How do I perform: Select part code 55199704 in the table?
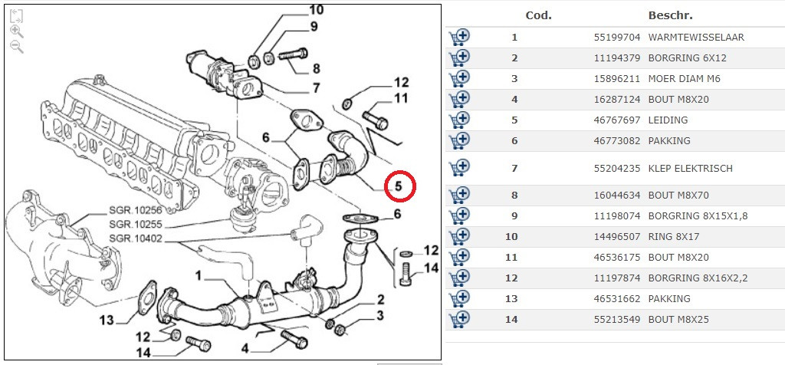tap(617, 38)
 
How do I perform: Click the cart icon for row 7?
tap(459, 168)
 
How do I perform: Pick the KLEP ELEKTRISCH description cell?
tap(690, 169)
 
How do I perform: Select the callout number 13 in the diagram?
tap(107, 320)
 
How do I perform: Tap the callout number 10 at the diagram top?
tap(317, 9)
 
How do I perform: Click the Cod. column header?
tap(539, 15)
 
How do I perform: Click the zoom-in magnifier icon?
tap(17, 31)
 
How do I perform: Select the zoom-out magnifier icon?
tap(17, 47)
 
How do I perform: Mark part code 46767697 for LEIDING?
tap(617, 120)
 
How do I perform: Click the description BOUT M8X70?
tap(678, 196)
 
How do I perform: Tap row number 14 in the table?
tap(511, 320)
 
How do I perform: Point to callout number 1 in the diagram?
tap(199, 276)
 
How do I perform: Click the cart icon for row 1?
tap(459, 37)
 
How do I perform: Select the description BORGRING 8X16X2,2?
tap(698, 278)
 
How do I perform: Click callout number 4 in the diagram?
tap(245, 348)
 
